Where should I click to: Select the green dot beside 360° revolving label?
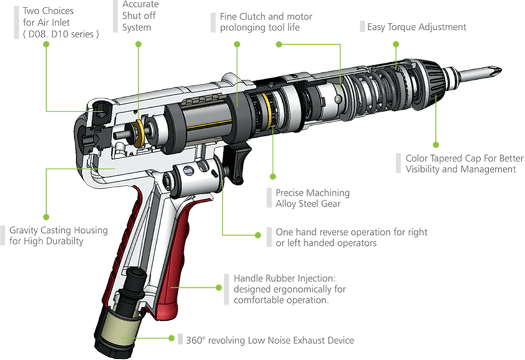point(171,338)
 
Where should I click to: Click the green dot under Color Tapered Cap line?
point(435,144)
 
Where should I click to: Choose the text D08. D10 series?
point(60,34)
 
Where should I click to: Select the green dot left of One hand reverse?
point(258,235)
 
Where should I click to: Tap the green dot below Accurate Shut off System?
point(139,44)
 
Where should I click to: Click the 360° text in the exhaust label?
point(195,340)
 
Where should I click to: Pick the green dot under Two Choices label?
point(46,44)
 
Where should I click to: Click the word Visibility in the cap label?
point(422,169)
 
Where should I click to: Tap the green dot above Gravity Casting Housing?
point(46,217)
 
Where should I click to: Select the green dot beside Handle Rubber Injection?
point(219,287)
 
